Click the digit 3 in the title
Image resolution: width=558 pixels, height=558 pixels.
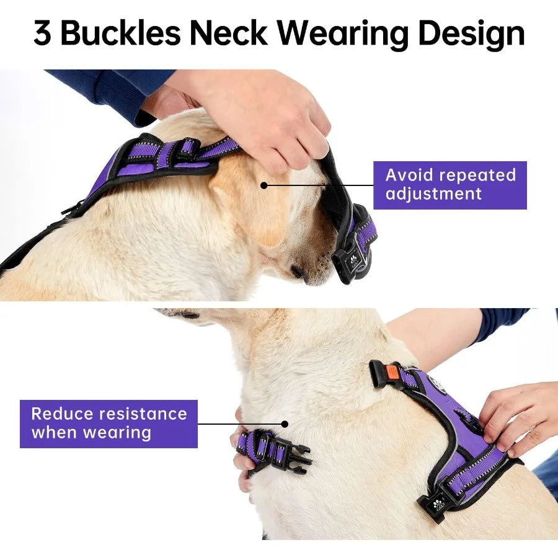tap(43, 35)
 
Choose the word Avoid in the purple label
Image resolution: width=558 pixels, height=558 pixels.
tap(410, 175)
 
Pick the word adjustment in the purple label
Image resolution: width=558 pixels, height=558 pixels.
tap(433, 193)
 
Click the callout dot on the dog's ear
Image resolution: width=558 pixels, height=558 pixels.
tap(263, 185)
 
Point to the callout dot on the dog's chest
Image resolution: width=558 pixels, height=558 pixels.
tap(285, 425)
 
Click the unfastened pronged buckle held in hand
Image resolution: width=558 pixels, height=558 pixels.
tap(291, 454)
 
